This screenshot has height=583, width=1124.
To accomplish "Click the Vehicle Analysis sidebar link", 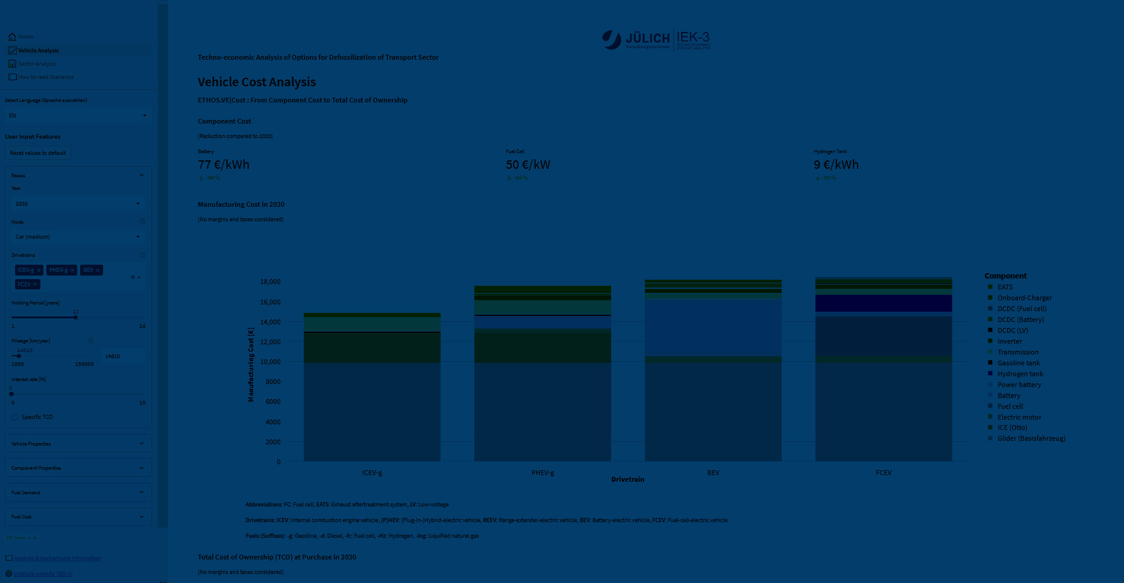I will click(38, 51).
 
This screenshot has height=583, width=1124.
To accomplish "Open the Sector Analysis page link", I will click(36, 64).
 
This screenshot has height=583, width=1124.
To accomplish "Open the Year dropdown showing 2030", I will click(78, 204).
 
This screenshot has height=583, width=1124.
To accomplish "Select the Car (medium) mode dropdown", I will click(78, 237).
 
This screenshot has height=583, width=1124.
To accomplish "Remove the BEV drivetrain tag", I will click(98, 270).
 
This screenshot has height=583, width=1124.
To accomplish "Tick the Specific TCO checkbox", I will click(15, 417).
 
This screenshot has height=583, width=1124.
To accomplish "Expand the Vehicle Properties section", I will click(78, 444).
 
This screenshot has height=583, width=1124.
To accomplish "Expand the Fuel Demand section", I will click(78, 493).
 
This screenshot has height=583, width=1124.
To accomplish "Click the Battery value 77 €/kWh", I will click(224, 165).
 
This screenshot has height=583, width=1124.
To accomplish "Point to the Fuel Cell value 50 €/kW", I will click(528, 165).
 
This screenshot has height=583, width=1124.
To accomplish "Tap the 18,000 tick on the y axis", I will click(270, 282).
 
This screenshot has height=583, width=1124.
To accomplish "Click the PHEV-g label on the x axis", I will click(542, 473).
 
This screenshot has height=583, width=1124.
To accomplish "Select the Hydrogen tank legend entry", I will click(1020, 374).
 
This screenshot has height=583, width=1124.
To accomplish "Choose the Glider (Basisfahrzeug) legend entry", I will click(1031, 438).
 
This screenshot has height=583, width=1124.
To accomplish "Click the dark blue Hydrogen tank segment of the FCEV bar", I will click(884, 303).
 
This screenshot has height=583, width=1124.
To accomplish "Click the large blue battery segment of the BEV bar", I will click(713, 329).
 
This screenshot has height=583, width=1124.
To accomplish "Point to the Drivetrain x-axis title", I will click(627, 479).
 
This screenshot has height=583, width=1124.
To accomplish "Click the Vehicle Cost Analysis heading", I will click(257, 82).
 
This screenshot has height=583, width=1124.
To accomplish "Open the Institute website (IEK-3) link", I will click(43, 574).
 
